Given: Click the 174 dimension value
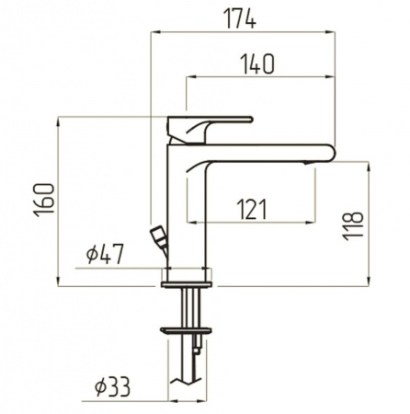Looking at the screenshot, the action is (x=240, y=18).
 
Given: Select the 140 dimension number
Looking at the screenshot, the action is (x=257, y=64).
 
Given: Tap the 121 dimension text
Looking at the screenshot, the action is (x=252, y=209).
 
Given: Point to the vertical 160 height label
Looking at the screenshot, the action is (x=44, y=200).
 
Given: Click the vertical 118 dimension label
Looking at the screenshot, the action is (x=353, y=225).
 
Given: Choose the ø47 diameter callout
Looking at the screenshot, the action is (x=105, y=254).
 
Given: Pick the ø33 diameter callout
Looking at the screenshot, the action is (x=112, y=386).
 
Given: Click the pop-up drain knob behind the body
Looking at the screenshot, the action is (x=159, y=239).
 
